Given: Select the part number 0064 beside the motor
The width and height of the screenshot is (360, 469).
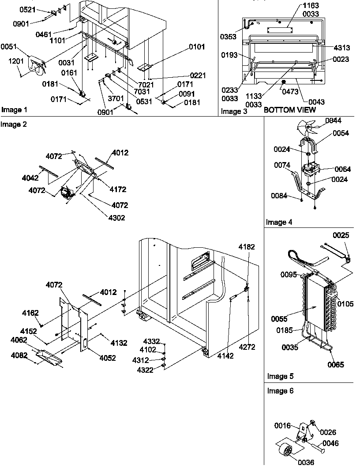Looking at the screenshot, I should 343,169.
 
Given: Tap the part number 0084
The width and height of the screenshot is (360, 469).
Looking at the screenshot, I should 286,197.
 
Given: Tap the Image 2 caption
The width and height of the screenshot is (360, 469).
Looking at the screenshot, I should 14,125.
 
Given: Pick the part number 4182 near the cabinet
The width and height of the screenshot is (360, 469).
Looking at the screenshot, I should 247,247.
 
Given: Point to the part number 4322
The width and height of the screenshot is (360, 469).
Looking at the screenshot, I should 145,370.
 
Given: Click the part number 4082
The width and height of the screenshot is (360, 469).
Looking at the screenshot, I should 19,355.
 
